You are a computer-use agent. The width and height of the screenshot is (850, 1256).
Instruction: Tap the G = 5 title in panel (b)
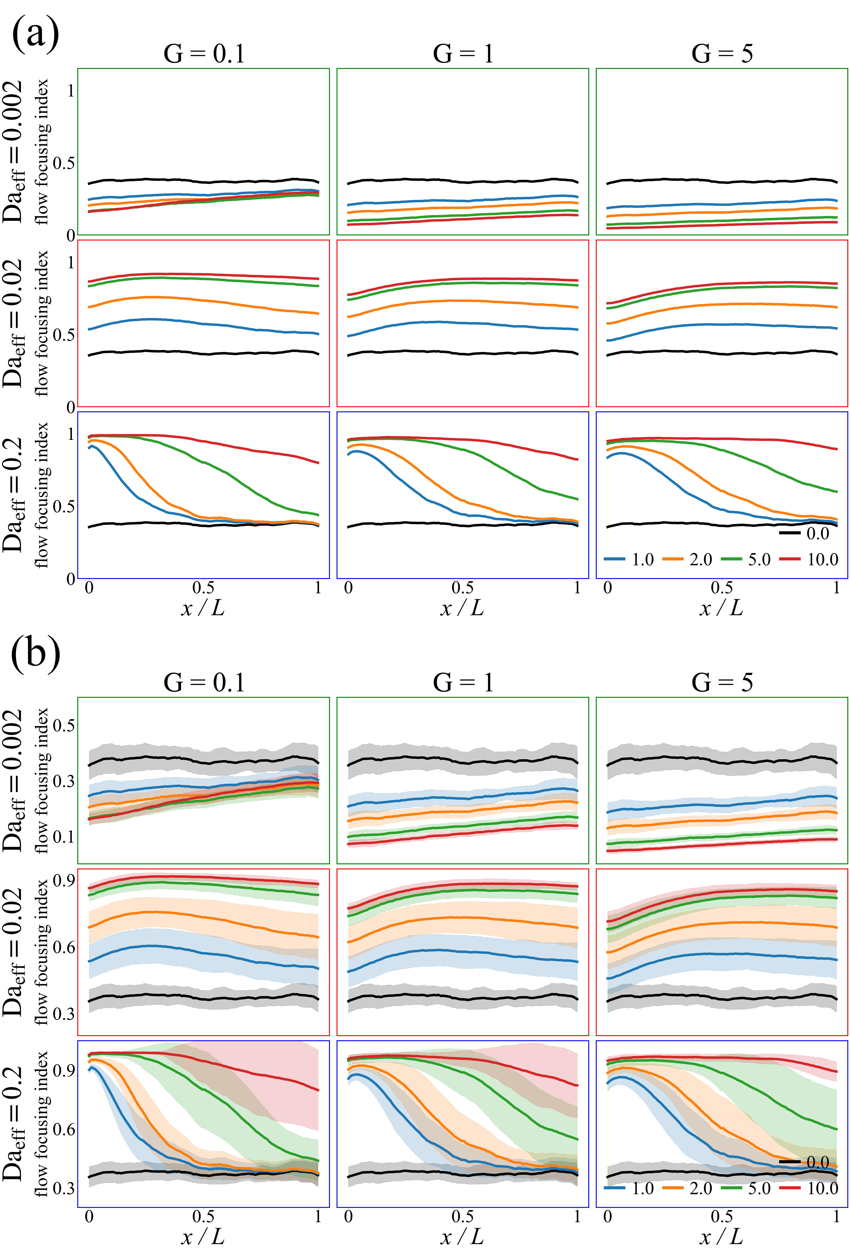pyautogui.click(x=722, y=683)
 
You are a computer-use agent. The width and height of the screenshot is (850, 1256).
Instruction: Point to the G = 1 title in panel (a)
pyautogui.click(x=463, y=54)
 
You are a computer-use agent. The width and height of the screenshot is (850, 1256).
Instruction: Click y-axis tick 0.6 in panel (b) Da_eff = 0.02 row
pyautogui.click(x=64, y=947)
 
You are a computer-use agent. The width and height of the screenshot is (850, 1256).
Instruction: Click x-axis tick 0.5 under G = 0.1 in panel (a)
pyautogui.click(x=203, y=587)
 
